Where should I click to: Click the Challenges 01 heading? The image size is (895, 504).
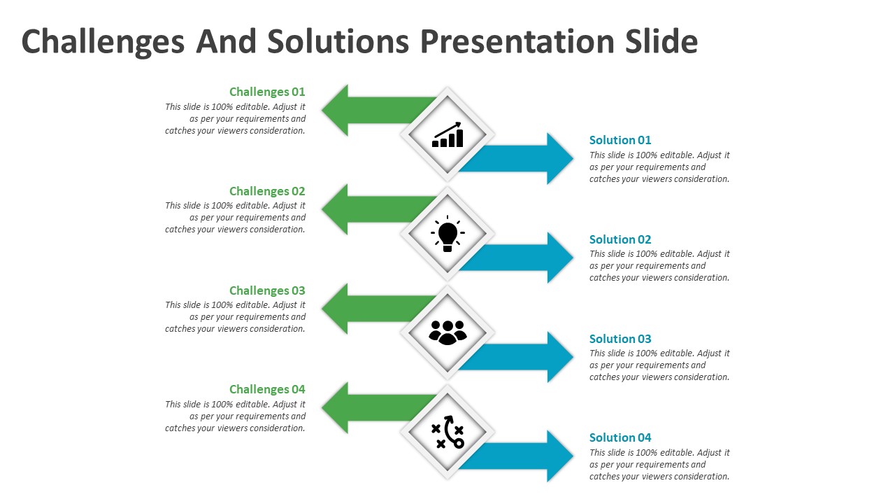(267, 92)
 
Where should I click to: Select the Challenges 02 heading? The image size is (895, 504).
(267, 191)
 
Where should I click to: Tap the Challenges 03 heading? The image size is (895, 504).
(267, 290)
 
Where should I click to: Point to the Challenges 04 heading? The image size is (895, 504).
(267, 389)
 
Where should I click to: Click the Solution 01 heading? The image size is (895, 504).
(620, 140)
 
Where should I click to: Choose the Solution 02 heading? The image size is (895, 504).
(620, 239)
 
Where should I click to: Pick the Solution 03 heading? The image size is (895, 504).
(620, 339)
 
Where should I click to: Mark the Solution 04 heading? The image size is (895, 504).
(620, 437)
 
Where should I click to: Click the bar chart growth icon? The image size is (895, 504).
(447, 135)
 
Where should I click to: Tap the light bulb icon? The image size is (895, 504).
(447, 234)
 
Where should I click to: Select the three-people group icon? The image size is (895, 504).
(447, 332)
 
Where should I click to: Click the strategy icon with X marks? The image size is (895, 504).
(447, 432)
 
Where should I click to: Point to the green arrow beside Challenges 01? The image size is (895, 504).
(364, 110)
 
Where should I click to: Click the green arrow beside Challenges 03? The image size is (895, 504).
(364, 309)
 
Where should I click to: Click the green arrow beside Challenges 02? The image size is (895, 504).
(364, 209)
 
